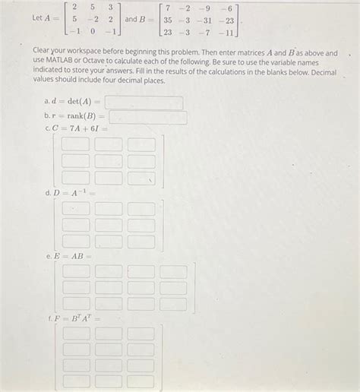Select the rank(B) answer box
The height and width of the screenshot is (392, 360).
point(149,118)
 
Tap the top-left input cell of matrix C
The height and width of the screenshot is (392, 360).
point(75,144)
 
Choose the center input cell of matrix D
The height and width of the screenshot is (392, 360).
point(109,224)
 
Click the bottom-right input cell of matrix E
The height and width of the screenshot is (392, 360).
point(173,304)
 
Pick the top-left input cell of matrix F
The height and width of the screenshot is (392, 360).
point(75,334)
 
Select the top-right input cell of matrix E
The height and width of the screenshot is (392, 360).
point(173,271)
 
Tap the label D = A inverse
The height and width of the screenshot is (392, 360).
point(71,193)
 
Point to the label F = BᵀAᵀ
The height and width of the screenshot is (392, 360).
point(74,319)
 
